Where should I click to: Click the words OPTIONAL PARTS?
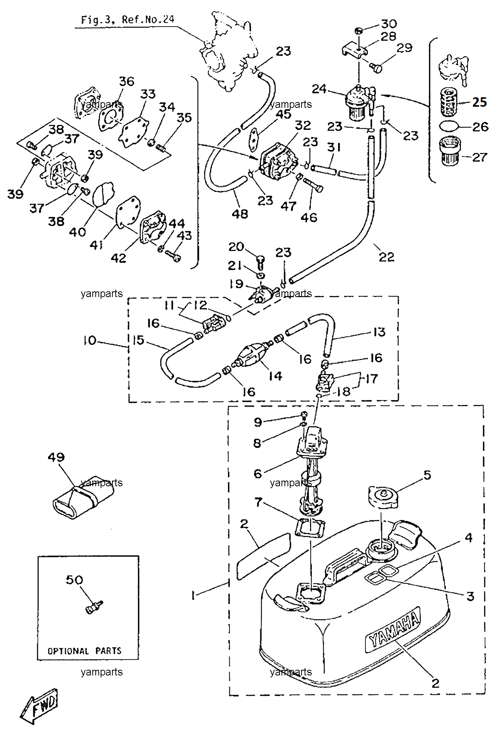[x=84, y=651]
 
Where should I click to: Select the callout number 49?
[x=56, y=457]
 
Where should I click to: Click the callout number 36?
[x=127, y=81]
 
